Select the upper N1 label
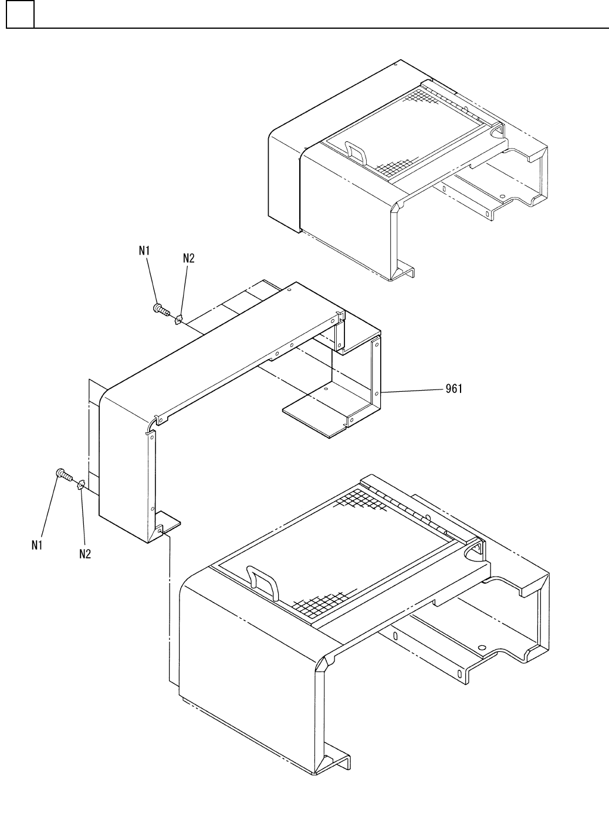[x=144, y=250]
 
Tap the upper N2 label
[x=188, y=258]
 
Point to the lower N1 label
[x=38, y=545]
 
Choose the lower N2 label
[x=85, y=553]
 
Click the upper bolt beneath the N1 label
[x=160, y=309]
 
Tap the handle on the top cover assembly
[x=356, y=152]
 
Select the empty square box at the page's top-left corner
[x=20, y=14]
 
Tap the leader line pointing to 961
[x=411, y=390]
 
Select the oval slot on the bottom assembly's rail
[x=396, y=636]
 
